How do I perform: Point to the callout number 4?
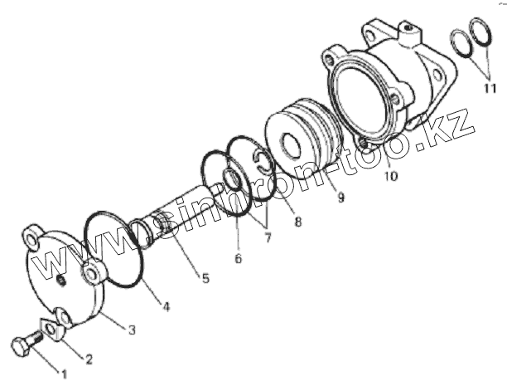click(x=166, y=307)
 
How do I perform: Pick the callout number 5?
click(x=204, y=277)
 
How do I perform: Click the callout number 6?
click(x=238, y=258)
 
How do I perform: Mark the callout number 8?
click(x=297, y=222)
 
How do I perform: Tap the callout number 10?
click(x=390, y=176)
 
